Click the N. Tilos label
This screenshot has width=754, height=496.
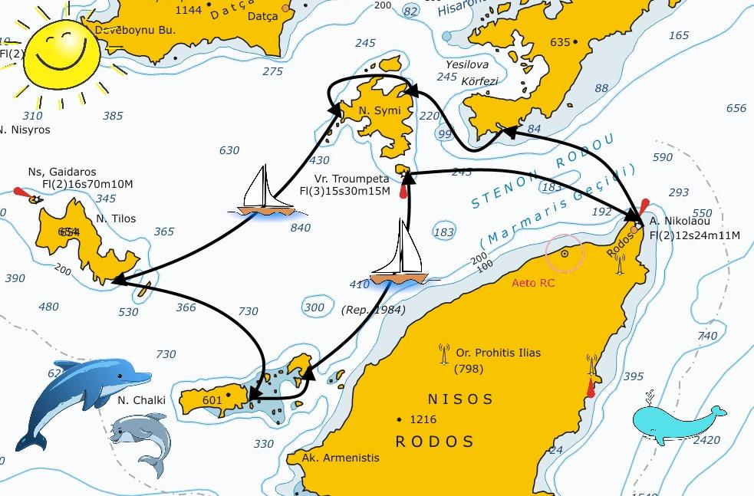[x=116, y=218]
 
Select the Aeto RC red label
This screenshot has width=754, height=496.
[x=535, y=283]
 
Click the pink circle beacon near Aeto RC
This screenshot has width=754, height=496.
[x=565, y=252]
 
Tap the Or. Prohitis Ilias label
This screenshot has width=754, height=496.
[x=498, y=353]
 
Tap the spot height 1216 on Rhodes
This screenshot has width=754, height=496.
[x=423, y=419]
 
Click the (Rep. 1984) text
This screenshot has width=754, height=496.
[x=373, y=310]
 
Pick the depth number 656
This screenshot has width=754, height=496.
[x=736, y=108]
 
